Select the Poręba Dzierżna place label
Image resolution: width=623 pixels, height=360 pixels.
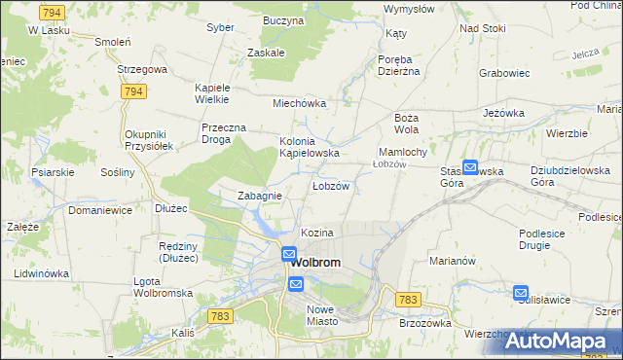coord(398,63)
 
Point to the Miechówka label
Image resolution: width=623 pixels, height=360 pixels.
coord(299,103)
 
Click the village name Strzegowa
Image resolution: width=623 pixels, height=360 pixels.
coord(143,70)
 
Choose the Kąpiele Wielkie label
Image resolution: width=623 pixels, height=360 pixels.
coord(211,92)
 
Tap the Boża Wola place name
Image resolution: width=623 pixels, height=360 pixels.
coord(406,124)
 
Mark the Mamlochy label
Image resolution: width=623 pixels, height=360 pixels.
coord(402,153)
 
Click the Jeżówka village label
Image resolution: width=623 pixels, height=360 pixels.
coord(504,113)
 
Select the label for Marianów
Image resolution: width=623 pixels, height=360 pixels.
coord(451,261)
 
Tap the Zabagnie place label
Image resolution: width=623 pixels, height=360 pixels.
coord(260,196)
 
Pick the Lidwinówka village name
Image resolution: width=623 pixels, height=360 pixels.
coord(41,273)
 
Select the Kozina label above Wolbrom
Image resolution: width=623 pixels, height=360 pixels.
coord(317,234)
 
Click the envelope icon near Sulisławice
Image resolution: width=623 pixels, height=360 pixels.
coord(521,292)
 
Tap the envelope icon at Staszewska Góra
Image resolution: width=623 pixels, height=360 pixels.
coord(470,167)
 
